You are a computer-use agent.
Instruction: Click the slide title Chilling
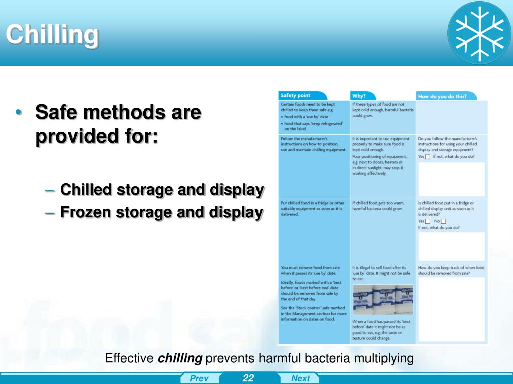click(x=52, y=35)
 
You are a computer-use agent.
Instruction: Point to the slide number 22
click(x=248, y=378)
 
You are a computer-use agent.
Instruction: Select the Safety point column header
click(x=296, y=95)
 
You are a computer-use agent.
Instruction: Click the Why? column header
click(x=359, y=95)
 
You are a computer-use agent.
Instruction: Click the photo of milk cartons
click(x=383, y=299)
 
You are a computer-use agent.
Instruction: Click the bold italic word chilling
click(x=180, y=358)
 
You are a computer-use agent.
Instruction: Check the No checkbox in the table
click(x=443, y=221)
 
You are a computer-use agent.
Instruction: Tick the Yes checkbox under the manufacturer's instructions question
click(x=427, y=156)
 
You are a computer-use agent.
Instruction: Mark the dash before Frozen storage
click(x=50, y=213)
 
